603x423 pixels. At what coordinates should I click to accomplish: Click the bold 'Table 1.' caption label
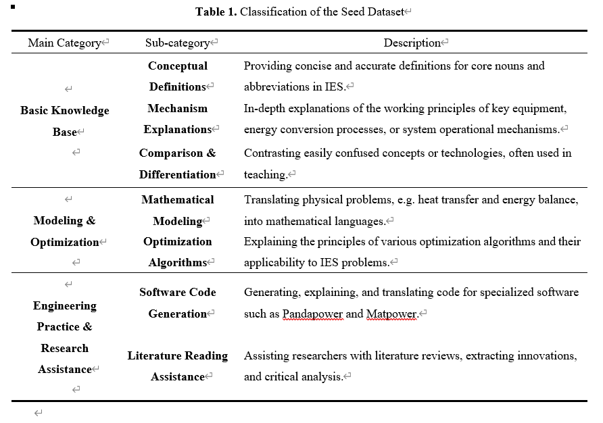coord(216,12)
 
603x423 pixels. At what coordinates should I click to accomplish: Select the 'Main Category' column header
coord(65,43)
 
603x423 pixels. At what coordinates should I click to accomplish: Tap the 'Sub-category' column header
coord(178,43)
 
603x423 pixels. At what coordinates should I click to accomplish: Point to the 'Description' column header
coord(412,43)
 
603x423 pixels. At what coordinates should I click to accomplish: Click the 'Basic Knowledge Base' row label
coord(65,121)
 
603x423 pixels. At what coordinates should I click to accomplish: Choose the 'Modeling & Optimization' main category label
coord(65,231)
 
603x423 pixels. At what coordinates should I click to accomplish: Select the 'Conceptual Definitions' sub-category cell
coord(178,76)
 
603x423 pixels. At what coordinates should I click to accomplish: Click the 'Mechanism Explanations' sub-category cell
coord(178,119)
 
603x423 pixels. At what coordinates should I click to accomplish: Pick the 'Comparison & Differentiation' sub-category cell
coord(178,164)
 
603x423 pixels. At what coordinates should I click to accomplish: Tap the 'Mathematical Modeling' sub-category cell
coord(178,210)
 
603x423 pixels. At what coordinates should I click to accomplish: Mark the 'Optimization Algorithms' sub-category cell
coord(178,252)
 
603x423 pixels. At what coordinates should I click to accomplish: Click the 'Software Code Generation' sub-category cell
coord(178,303)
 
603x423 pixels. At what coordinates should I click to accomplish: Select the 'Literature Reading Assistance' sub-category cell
coord(178,366)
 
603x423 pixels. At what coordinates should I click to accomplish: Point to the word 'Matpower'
coord(391,314)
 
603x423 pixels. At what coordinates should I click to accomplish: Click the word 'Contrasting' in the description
coord(271,153)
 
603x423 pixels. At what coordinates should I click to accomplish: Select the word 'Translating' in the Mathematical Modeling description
coord(271,200)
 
